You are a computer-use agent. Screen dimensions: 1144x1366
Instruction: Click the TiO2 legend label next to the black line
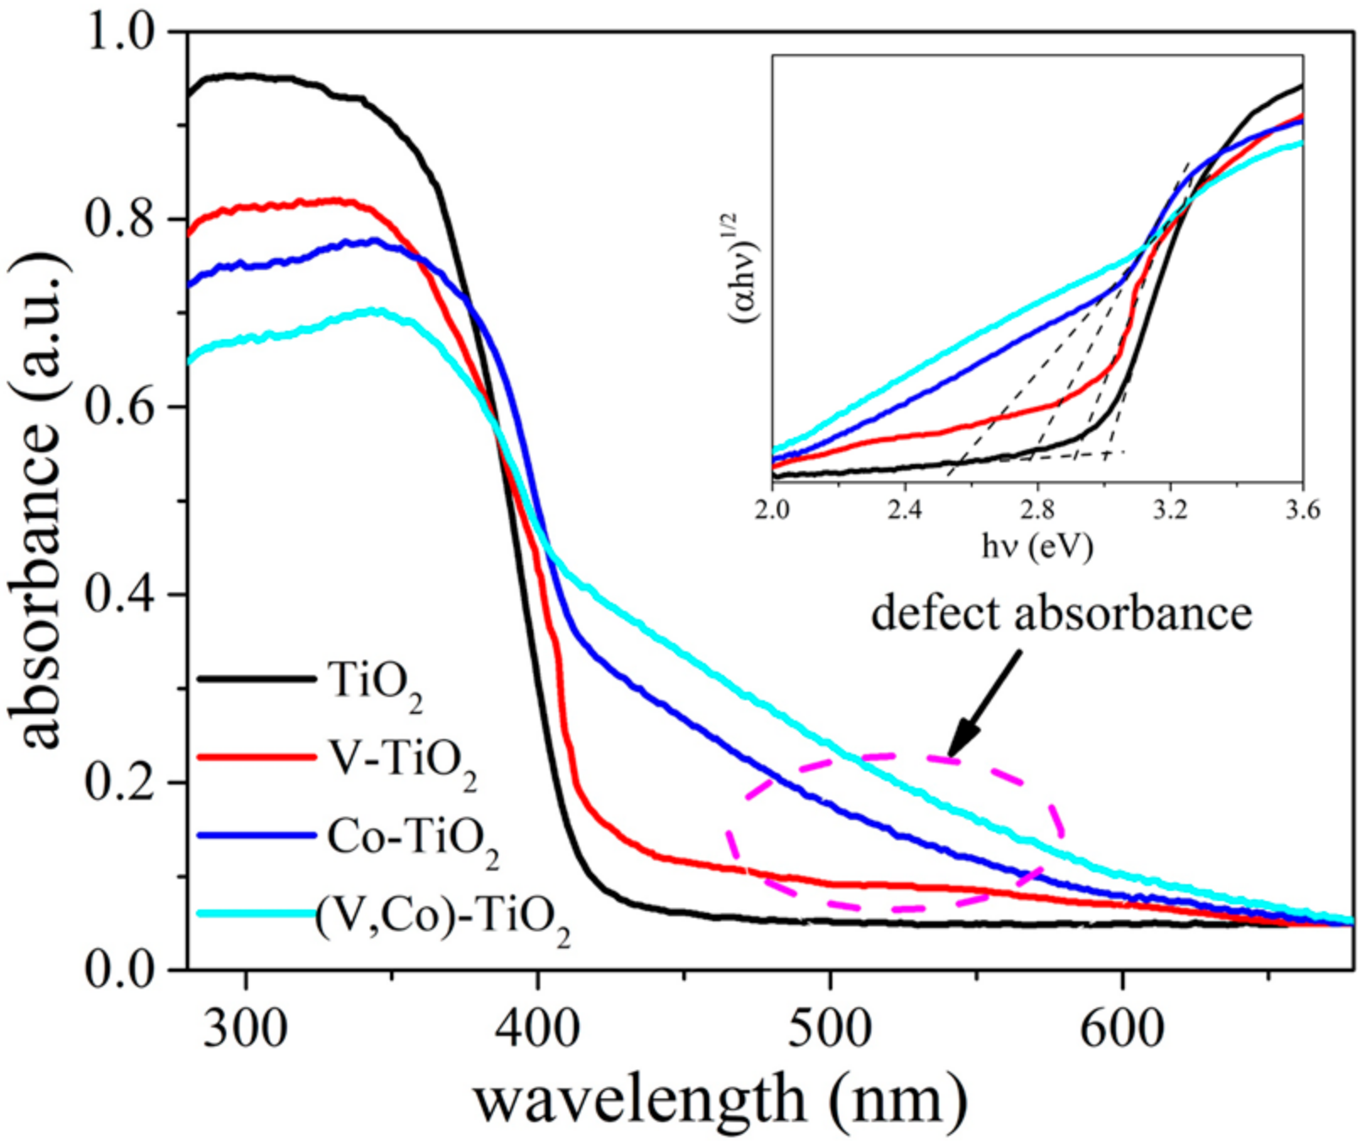[x=374, y=683]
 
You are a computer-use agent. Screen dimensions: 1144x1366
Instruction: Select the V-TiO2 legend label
[x=402, y=761]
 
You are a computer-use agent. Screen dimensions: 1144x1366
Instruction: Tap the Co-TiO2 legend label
[x=413, y=839]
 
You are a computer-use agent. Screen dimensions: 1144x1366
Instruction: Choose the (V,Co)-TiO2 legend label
[x=442, y=918]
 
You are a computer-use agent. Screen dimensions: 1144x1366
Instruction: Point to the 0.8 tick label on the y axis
[x=120, y=219]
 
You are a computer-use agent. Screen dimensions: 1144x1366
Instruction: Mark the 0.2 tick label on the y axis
[x=120, y=782]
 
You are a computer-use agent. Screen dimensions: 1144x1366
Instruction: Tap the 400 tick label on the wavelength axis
[x=538, y=1030]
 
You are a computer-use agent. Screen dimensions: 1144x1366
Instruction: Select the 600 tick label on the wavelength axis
[x=1122, y=1030]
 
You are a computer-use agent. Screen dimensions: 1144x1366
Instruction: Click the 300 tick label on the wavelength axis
[x=246, y=1030]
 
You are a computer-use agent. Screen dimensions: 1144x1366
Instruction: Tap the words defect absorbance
[x=1061, y=613]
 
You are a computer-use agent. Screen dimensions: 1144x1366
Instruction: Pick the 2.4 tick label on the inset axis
[x=904, y=511]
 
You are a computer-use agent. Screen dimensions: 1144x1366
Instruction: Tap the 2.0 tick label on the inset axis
[x=772, y=511]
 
